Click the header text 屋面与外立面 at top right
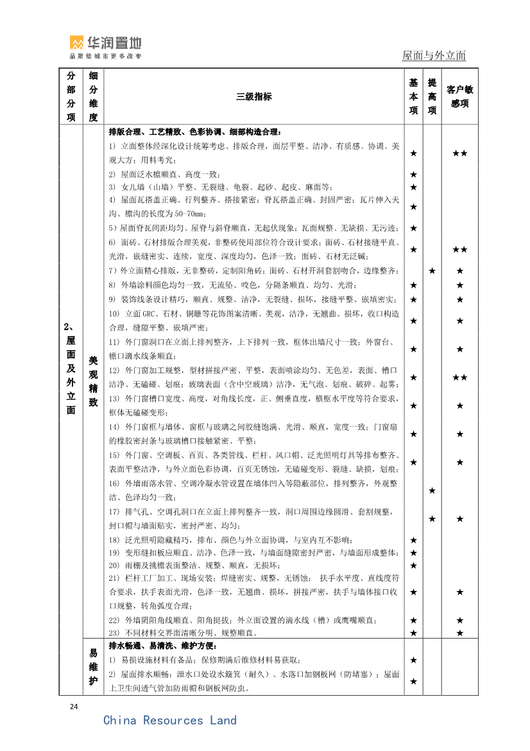[x=434, y=56]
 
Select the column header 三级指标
[x=253, y=97]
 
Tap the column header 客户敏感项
[x=459, y=96]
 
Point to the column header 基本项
[x=413, y=96]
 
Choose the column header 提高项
[x=432, y=96]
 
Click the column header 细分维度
[x=93, y=96]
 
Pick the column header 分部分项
[x=71, y=96]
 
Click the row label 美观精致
[x=93, y=382]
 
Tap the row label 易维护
[x=93, y=667]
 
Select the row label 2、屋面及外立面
[x=71, y=368]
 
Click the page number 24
[x=74, y=707]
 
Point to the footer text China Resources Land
[x=170, y=720]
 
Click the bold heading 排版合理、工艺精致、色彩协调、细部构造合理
[x=195, y=132]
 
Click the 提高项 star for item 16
[x=432, y=491]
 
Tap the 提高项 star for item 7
[x=432, y=271]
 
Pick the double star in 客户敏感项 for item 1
[x=459, y=153]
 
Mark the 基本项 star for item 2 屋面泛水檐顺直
[x=413, y=175]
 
